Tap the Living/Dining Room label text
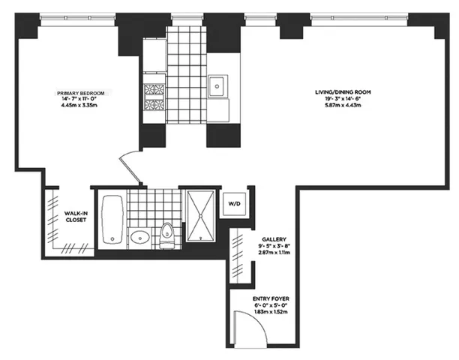342,92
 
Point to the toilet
167,235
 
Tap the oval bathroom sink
139,239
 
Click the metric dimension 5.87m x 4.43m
342,106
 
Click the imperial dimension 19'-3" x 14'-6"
342,99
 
